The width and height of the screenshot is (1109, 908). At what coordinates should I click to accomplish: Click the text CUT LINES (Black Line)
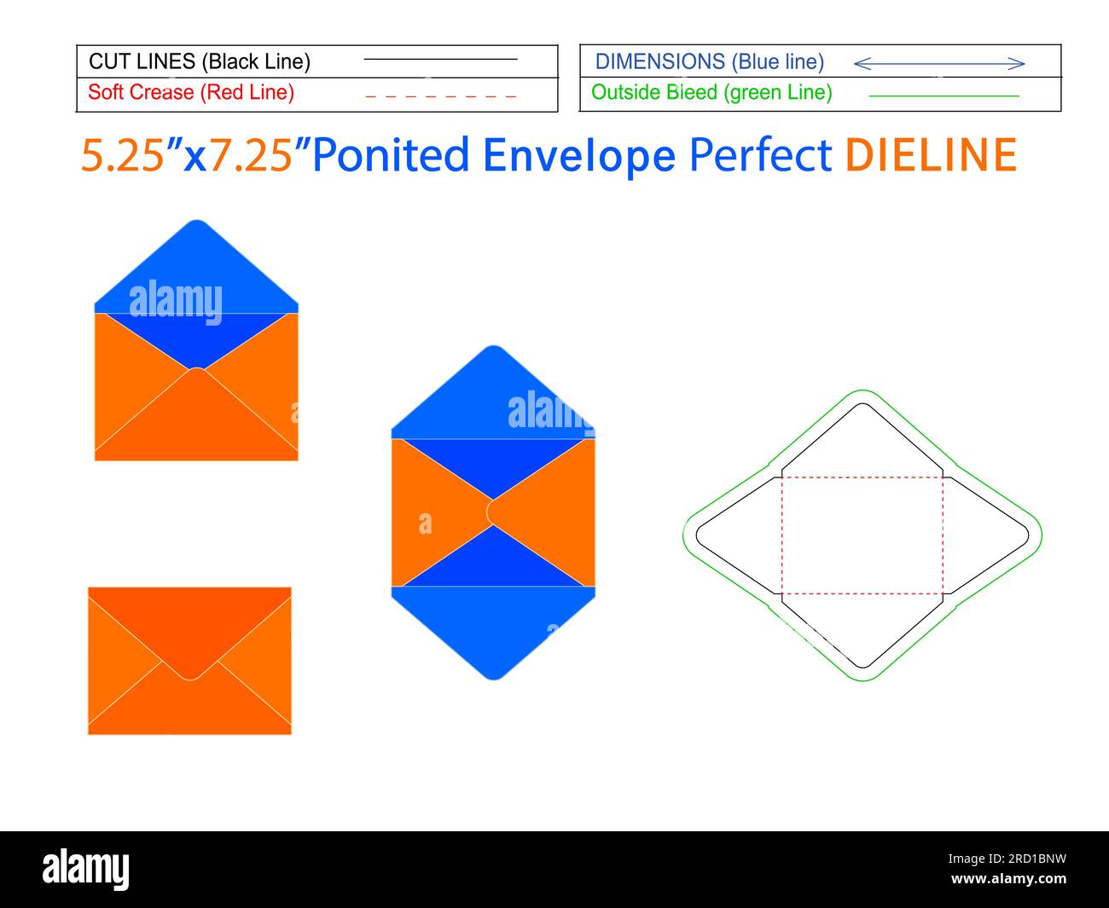point(200,61)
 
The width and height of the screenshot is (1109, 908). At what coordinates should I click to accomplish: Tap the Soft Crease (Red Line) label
point(191,92)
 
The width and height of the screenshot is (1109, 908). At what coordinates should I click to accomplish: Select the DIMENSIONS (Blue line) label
point(710,61)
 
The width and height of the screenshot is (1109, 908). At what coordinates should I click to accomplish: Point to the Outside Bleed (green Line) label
point(711,92)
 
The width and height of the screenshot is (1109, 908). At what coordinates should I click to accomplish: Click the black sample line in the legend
point(440,60)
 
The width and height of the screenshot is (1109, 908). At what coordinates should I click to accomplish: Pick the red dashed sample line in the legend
point(440,96)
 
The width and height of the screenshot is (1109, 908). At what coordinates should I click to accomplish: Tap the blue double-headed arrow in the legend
point(938,63)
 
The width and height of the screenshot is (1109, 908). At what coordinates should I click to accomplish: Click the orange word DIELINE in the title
point(931,155)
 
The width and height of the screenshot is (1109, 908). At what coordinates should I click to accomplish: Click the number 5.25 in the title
point(122,155)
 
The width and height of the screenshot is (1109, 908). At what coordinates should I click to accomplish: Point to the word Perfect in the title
point(760,155)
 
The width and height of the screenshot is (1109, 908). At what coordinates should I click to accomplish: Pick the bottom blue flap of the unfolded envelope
point(493,631)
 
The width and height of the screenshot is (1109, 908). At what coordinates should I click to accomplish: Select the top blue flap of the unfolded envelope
point(493,392)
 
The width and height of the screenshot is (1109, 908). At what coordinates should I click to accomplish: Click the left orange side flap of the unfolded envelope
point(435,512)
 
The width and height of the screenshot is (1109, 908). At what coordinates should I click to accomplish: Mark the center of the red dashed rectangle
point(862,535)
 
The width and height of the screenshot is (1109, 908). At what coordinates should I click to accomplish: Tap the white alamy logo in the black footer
point(86,868)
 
